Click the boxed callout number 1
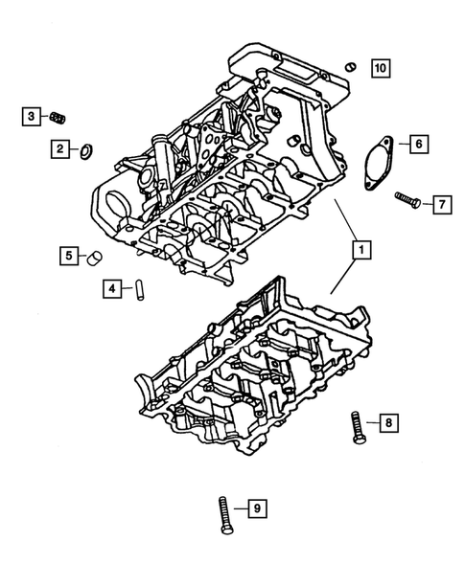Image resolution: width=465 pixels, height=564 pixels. pyautogui.click(x=360, y=252)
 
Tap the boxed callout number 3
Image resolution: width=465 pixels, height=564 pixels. pyautogui.click(x=32, y=117)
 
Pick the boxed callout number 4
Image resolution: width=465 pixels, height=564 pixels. pyautogui.click(x=112, y=287)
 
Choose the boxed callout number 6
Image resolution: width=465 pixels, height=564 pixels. pyautogui.click(x=419, y=145)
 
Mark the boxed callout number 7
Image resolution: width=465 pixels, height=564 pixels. pyautogui.click(x=441, y=204)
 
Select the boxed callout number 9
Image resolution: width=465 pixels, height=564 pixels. pyautogui.click(x=255, y=508)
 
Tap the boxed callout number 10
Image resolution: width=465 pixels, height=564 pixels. pyautogui.click(x=381, y=67)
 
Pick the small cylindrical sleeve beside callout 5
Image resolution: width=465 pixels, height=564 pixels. pyautogui.click(x=93, y=257)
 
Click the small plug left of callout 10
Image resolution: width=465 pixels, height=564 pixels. pyautogui.click(x=351, y=66)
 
